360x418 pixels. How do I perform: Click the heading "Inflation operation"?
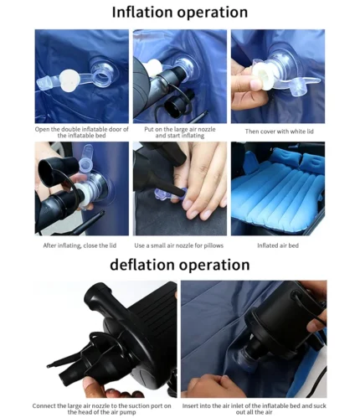coord(180,13)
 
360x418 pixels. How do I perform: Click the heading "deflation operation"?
coord(180,265)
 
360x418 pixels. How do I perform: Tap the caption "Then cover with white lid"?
coord(280,132)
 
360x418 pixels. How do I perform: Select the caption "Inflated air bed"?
coord(278,245)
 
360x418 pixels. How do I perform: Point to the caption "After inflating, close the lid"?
coord(80,245)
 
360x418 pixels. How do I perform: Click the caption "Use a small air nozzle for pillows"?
coord(179,245)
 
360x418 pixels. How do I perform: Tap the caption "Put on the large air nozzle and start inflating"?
coord(180,132)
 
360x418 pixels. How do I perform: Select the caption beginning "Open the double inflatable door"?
coord(82,132)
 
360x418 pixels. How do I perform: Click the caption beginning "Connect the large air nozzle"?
coord(101,409)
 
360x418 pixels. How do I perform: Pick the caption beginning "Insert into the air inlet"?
coord(254,409)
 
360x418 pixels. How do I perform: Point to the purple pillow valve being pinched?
coord(170,194)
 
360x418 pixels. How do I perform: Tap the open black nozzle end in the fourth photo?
coord(47,171)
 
